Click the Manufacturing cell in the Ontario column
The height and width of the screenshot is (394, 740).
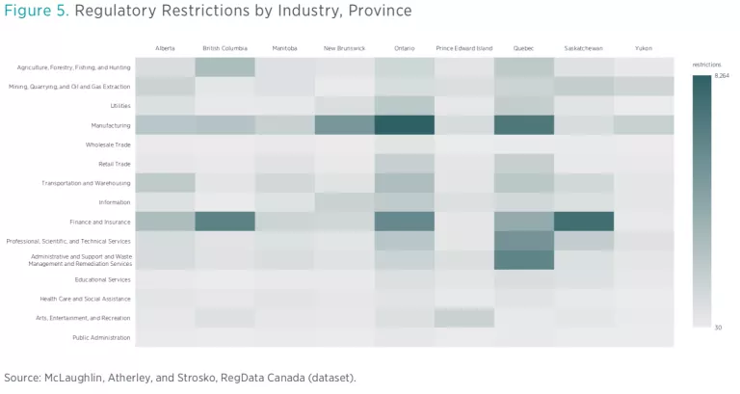point(405,125)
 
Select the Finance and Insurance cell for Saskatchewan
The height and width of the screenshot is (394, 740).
point(584,222)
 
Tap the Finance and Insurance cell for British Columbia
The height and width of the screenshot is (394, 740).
point(225,222)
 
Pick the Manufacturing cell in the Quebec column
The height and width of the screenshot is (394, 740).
point(524,125)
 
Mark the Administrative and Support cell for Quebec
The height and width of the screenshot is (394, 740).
point(524,260)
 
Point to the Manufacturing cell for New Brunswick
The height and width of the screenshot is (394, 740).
point(345,125)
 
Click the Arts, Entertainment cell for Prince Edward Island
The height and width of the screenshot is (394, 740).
point(464,318)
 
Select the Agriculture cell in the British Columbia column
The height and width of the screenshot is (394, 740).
point(225,67)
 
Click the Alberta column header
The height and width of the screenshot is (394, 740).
point(166,48)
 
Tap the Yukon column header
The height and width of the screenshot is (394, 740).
point(644,48)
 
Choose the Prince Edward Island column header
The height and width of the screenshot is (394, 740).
point(464,48)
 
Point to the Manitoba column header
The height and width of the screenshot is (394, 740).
point(285,48)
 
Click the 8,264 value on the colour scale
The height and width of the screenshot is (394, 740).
point(722,75)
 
